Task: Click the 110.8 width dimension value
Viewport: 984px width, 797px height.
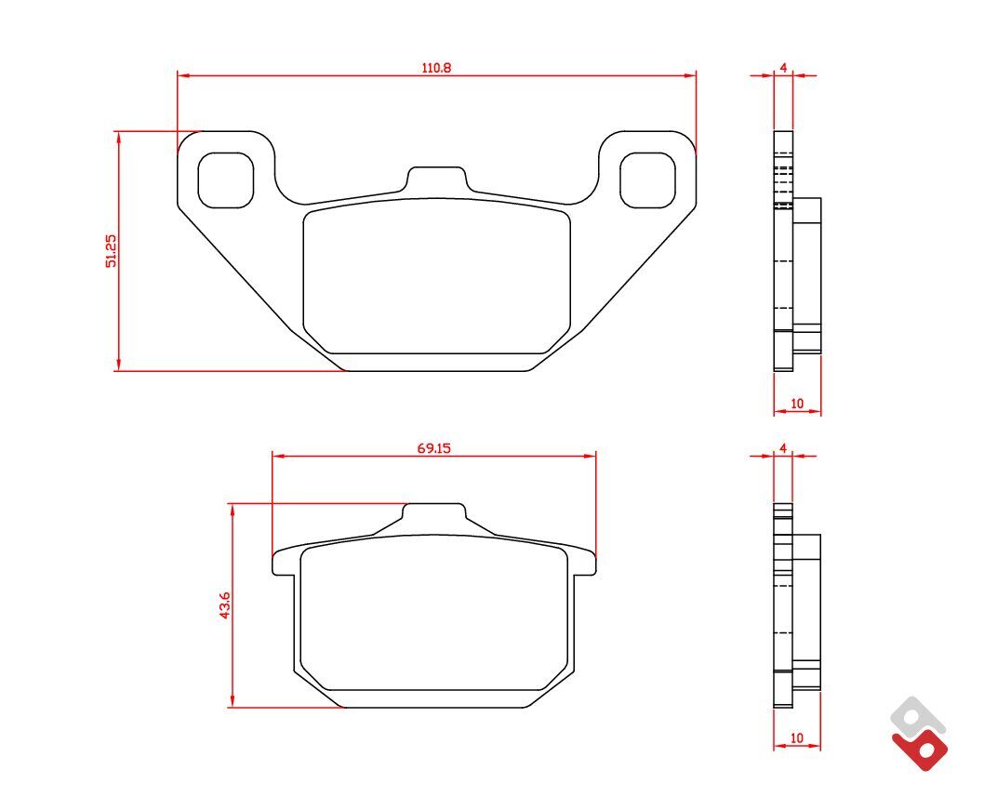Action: [436, 67]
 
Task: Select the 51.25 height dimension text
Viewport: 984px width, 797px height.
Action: [111, 251]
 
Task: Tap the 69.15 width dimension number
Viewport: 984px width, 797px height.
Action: [434, 448]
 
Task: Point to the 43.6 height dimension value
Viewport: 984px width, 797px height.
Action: [225, 605]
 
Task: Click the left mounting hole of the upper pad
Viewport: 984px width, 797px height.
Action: [226, 180]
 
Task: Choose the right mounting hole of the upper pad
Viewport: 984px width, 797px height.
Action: [647, 180]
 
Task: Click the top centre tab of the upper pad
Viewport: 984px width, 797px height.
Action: [437, 179]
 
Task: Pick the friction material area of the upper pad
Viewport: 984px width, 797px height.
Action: [437, 276]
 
